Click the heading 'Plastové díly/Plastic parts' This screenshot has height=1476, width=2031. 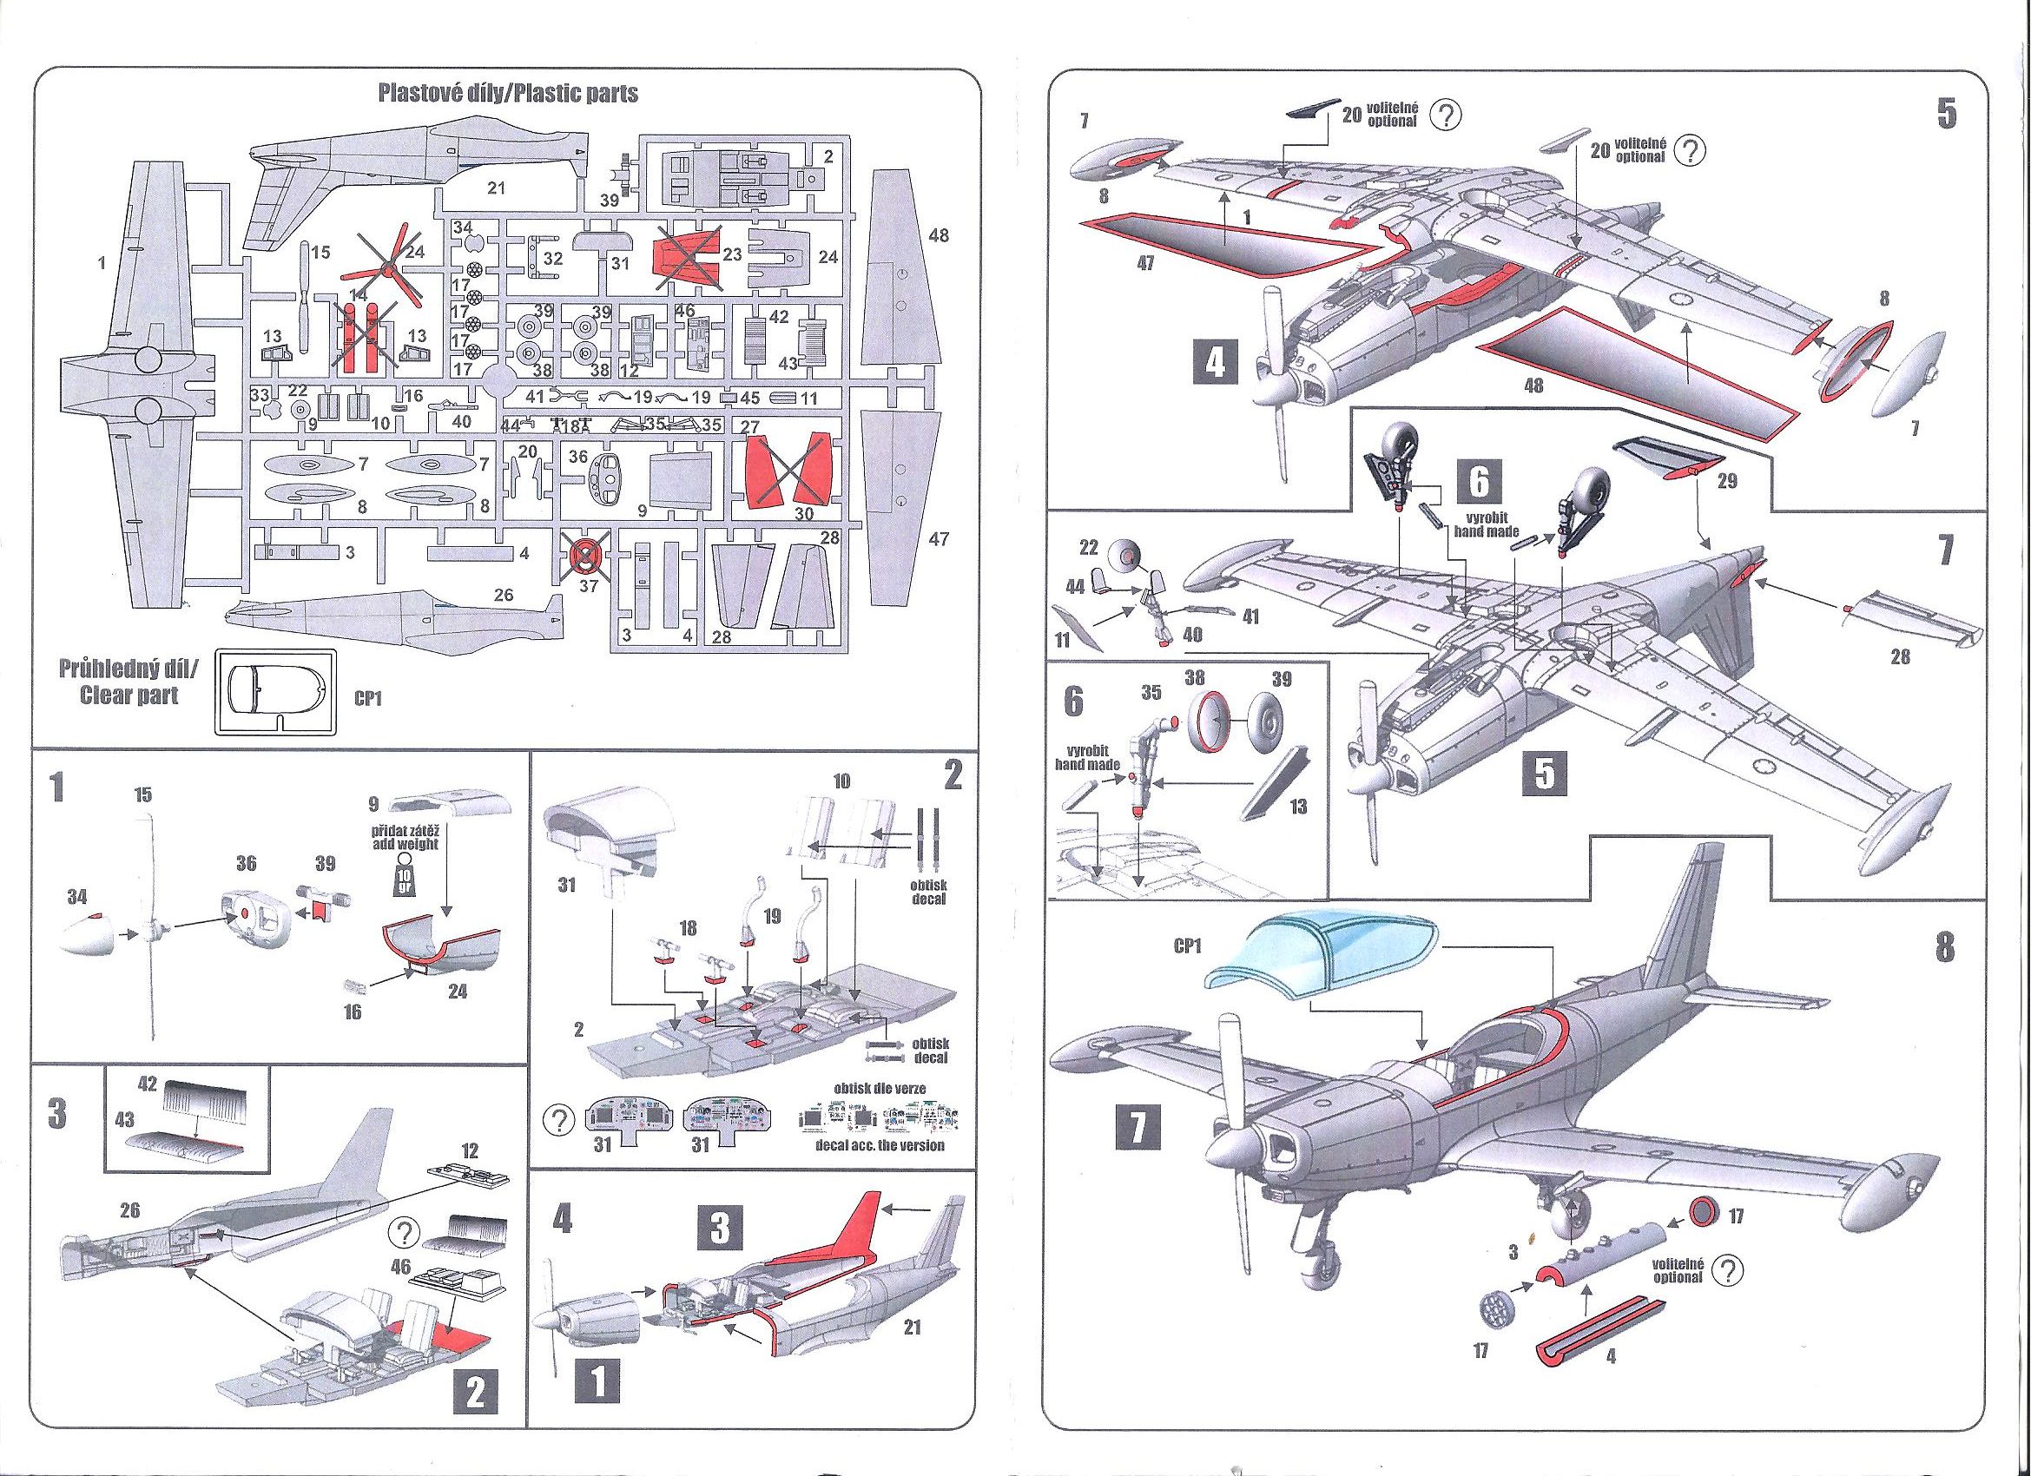[508, 93]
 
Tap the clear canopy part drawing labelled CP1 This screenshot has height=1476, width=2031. [275, 690]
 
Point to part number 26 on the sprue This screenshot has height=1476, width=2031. [504, 594]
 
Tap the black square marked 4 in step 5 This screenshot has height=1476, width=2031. [1214, 363]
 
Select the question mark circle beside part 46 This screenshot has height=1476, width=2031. [403, 1234]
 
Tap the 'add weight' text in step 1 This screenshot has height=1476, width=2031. [405, 845]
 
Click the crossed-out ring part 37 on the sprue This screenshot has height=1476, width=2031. [584, 558]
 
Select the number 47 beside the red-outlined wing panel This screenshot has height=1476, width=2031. [1144, 264]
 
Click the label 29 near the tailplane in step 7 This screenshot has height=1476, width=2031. [1727, 481]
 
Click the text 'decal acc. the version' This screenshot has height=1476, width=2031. [879, 1144]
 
